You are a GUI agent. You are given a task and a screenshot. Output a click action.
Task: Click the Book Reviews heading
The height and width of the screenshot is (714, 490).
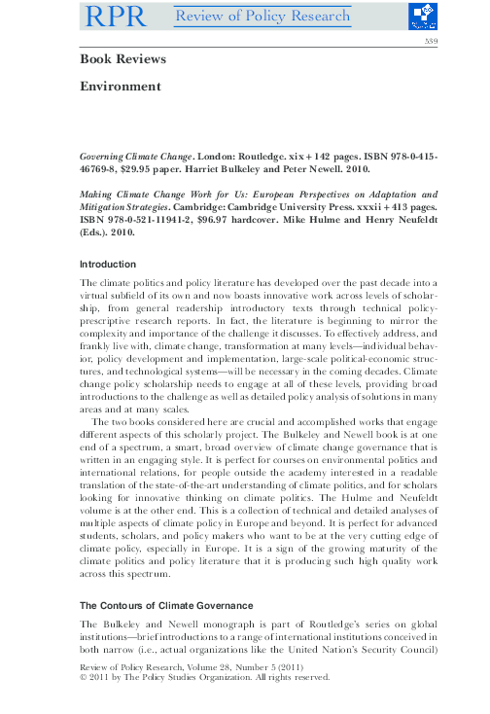click(x=122, y=59)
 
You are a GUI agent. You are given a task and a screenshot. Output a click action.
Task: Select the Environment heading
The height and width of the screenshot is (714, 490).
click(x=120, y=87)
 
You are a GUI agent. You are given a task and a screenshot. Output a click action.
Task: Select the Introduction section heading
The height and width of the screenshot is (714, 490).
click(x=107, y=265)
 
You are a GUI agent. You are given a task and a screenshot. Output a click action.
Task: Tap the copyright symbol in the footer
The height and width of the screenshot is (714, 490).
click(x=84, y=681)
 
